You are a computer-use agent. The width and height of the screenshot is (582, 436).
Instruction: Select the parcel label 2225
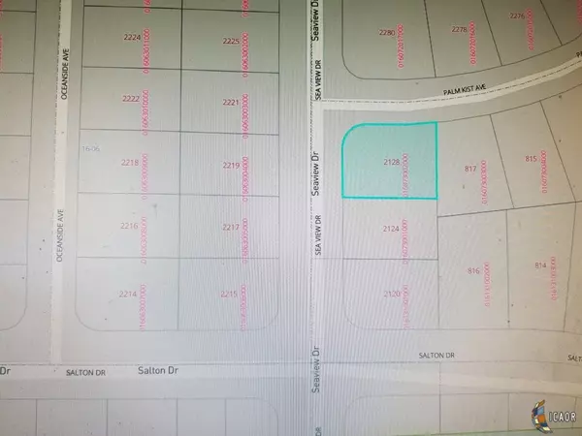[x=230, y=42]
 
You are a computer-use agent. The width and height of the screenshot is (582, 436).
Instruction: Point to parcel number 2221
[x=230, y=102]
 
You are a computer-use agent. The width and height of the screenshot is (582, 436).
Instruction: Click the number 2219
[x=230, y=166]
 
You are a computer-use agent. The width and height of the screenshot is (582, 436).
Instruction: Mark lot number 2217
[x=230, y=228]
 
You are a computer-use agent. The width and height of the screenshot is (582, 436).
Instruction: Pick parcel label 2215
[x=229, y=294]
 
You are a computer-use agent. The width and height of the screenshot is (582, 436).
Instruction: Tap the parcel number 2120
[x=392, y=292]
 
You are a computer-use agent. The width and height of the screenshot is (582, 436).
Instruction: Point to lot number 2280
[x=388, y=33]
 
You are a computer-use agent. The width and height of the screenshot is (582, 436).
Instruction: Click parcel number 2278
[x=460, y=30]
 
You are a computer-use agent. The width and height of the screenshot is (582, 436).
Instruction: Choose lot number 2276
[x=516, y=16]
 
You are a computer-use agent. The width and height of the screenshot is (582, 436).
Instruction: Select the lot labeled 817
[x=472, y=169]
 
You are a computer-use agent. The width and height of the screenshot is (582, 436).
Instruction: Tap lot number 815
[x=531, y=158]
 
